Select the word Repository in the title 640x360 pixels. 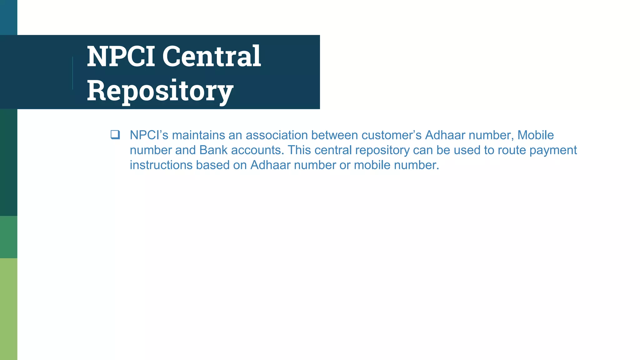pyautogui.click(x=160, y=91)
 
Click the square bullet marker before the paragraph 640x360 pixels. pyautogui.click(x=115, y=135)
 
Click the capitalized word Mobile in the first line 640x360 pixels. pyautogui.click(x=536, y=135)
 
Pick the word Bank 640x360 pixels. pyautogui.click(x=213, y=150)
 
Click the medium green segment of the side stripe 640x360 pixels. pyautogui.click(x=8, y=237)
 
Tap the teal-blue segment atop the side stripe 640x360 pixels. pyautogui.click(x=8, y=17)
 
